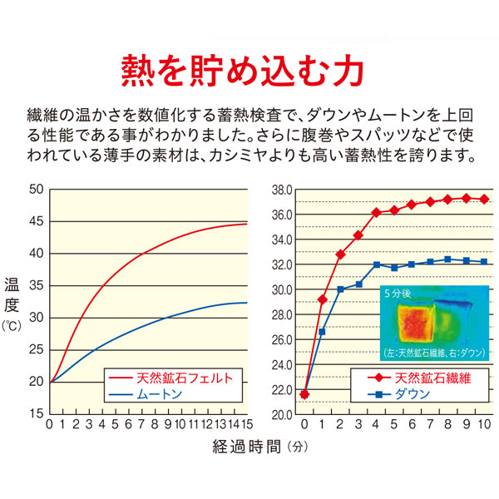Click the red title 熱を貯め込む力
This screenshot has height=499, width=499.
242,71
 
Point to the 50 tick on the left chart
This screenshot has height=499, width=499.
34,190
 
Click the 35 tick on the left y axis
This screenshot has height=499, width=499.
34,286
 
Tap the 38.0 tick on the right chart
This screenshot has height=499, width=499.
281,190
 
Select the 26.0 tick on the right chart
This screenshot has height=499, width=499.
281,339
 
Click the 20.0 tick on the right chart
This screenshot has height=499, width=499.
281,414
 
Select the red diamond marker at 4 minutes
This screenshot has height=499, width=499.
376,213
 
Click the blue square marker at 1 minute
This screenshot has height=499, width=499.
323,332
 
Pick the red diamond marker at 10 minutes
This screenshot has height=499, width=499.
484,200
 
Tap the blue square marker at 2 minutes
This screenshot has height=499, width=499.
340,289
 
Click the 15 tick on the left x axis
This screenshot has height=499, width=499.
247,424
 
